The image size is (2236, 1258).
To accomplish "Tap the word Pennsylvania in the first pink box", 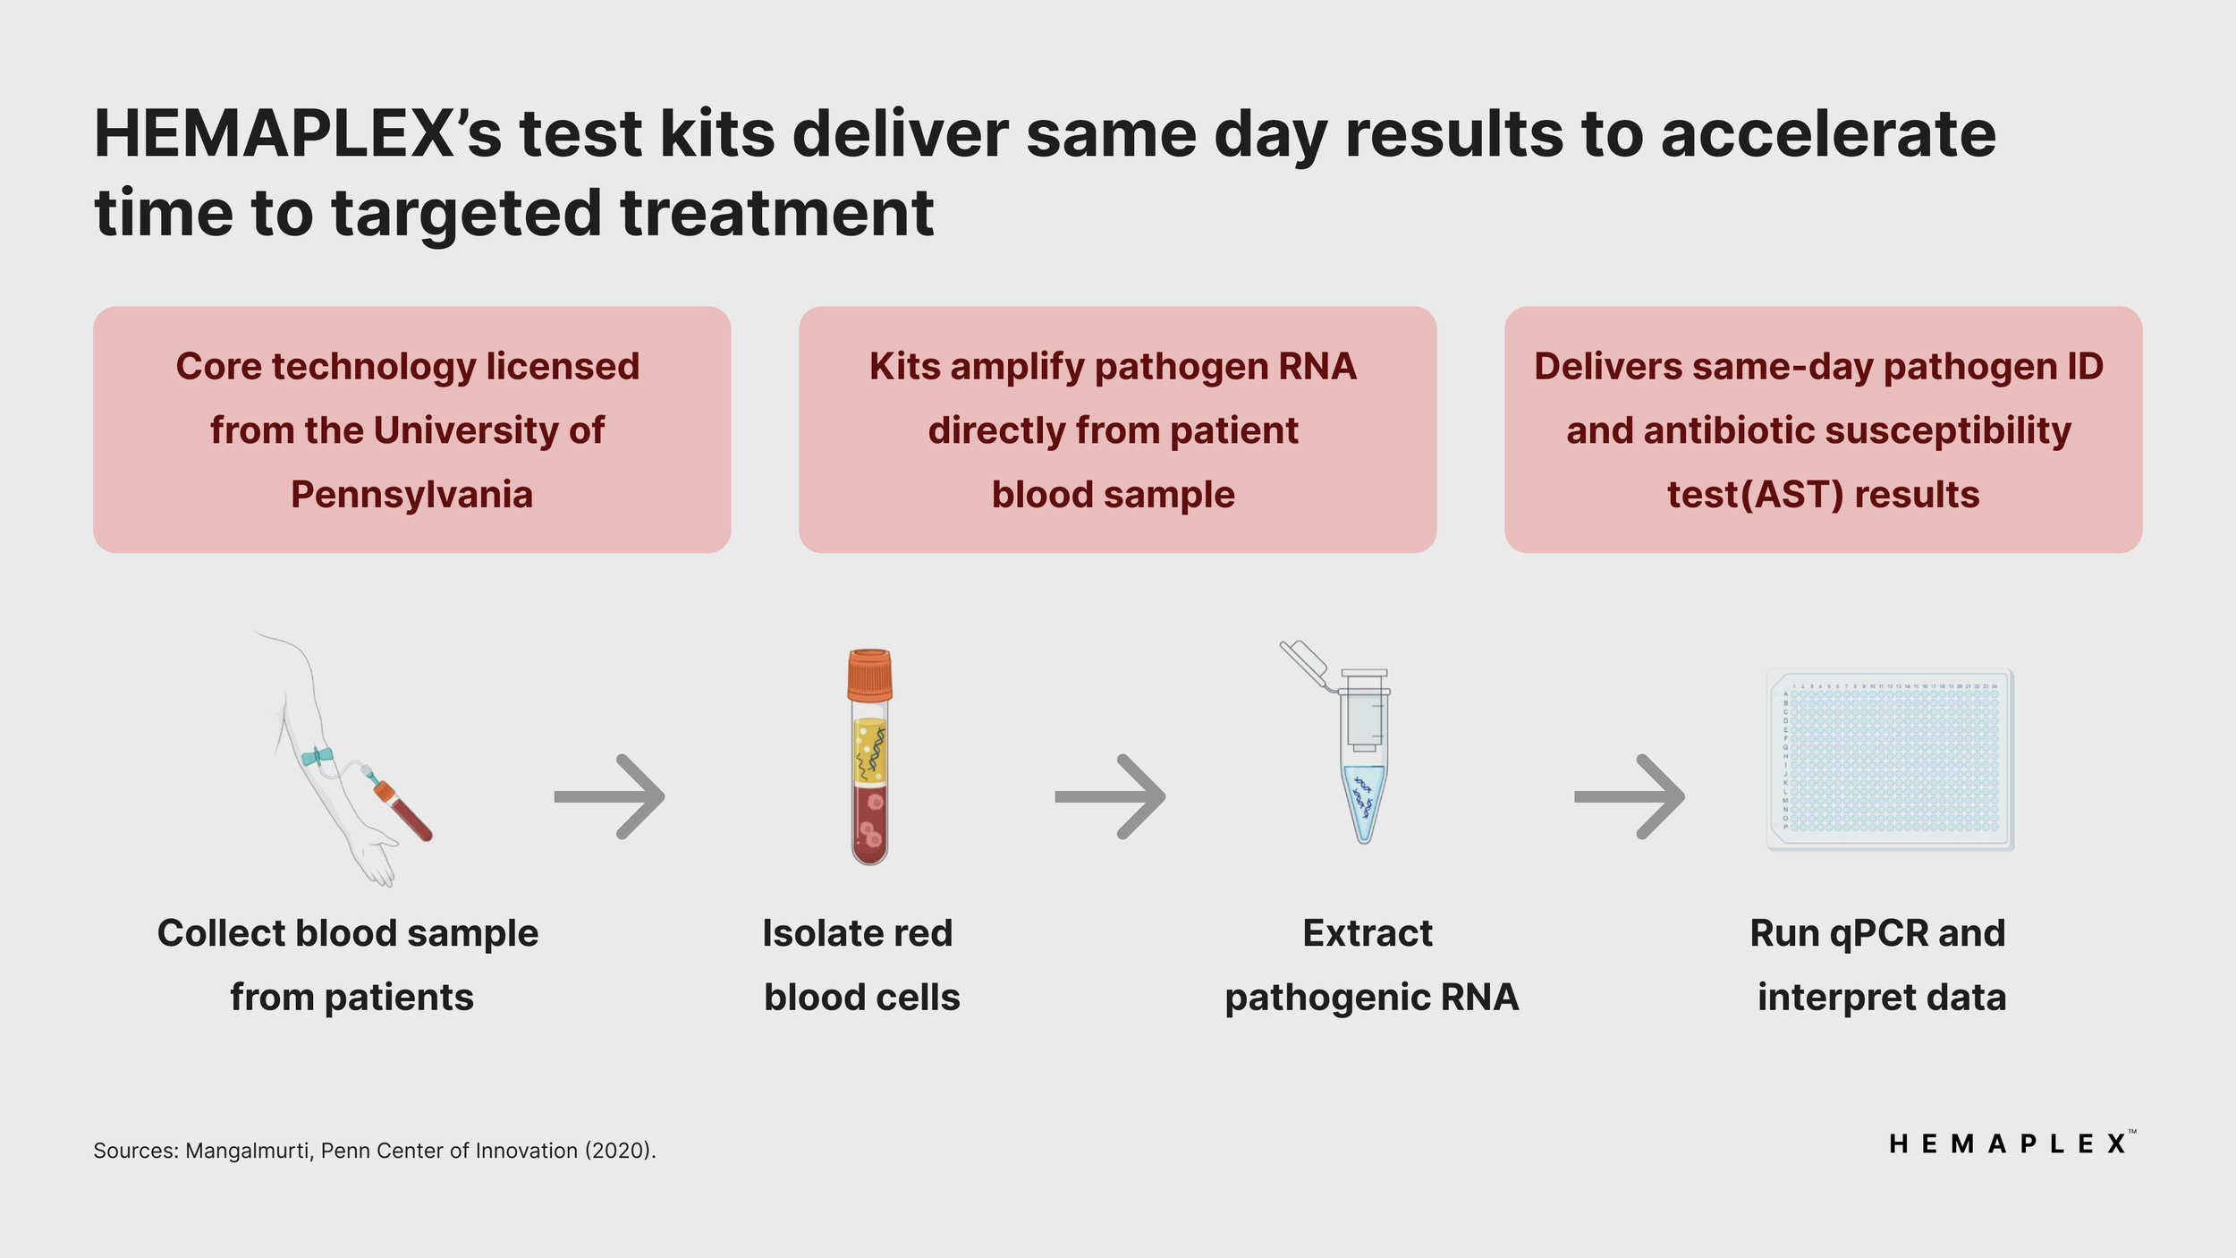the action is click(411, 495).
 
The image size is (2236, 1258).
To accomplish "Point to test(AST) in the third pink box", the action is click(1756, 495).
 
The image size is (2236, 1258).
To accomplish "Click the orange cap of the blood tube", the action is click(869, 676).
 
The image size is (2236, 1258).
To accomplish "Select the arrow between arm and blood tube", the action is click(610, 796).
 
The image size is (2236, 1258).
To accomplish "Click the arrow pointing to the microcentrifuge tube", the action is click(1110, 796).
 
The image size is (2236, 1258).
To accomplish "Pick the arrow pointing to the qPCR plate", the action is click(1630, 796).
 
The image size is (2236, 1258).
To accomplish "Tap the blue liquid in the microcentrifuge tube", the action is click(1364, 801).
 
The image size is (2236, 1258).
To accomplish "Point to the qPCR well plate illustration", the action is click(1890, 761).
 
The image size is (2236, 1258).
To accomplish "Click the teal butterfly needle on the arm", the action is click(317, 757).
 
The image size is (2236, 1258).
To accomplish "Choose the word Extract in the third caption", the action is click(1368, 933).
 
